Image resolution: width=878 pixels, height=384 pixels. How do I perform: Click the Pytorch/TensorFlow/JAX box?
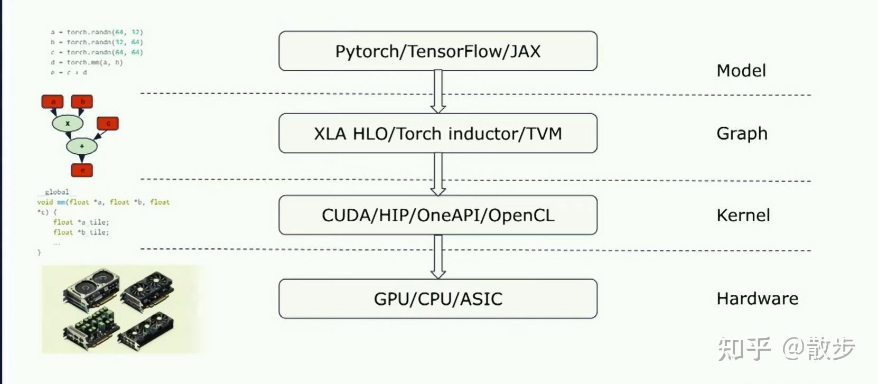(437, 51)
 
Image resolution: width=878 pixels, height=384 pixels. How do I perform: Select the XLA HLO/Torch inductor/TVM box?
(437, 133)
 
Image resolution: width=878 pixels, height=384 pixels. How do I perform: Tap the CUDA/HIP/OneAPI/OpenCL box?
(437, 215)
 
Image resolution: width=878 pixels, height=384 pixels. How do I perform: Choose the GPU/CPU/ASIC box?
(437, 298)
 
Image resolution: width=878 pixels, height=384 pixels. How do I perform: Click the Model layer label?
(741, 71)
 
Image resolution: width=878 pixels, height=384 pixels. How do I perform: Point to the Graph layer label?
(742, 134)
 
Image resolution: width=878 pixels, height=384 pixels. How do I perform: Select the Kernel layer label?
(743, 216)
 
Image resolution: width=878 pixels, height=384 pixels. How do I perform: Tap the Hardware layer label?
(757, 299)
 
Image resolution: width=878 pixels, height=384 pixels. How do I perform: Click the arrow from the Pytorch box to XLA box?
(438, 91)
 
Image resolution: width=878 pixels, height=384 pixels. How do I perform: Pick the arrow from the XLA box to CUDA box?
(438, 174)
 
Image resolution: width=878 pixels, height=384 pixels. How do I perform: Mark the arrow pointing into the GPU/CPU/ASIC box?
(438, 257)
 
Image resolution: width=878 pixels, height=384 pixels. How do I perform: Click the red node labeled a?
(52, 101)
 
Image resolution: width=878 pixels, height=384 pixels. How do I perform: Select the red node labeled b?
(82, 101)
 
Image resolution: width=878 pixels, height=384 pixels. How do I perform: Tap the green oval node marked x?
(68, 123)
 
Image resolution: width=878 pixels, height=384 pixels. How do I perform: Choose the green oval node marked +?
(82, 146)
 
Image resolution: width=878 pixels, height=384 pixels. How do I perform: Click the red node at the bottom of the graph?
(82, 170)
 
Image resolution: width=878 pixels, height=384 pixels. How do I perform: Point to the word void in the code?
(45, 202)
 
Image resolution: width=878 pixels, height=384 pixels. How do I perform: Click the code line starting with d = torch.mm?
(87, 62)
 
